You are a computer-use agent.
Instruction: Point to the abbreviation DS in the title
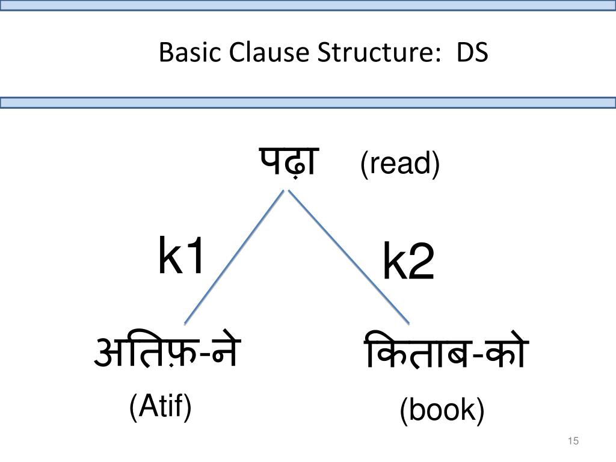click(472, 54)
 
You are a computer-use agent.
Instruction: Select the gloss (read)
click(400, 164)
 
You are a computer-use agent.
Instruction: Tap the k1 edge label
click(182, 256)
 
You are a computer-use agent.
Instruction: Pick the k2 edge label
click(408, 263)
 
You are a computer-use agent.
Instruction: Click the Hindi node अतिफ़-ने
click(167, 353)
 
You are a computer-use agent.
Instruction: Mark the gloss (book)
click(442, 411)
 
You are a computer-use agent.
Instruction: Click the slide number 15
click(573, 442)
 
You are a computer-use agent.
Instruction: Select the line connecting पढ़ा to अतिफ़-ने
click(233, 257)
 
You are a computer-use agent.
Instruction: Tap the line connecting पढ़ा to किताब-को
click(349, 257)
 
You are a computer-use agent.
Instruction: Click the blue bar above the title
click(308, 5)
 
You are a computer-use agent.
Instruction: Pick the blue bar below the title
click(308, 103)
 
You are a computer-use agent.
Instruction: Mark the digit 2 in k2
click(421, 263)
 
